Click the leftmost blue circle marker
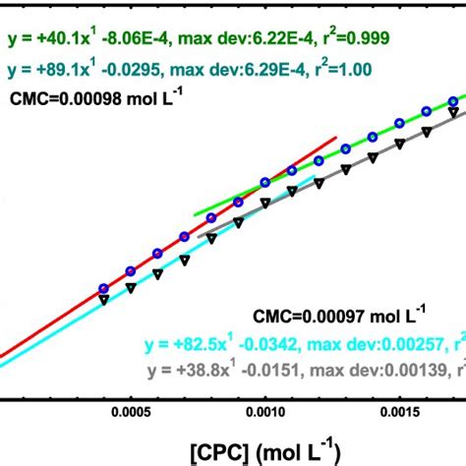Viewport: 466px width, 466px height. (x=103, y=288)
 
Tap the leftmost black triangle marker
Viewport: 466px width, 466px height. (x=103, y=300)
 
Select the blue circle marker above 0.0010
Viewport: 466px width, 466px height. (x=265, y=182)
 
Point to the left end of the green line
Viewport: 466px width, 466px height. (x=195, y=213)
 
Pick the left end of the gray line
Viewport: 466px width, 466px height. (x=198, y=237)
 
